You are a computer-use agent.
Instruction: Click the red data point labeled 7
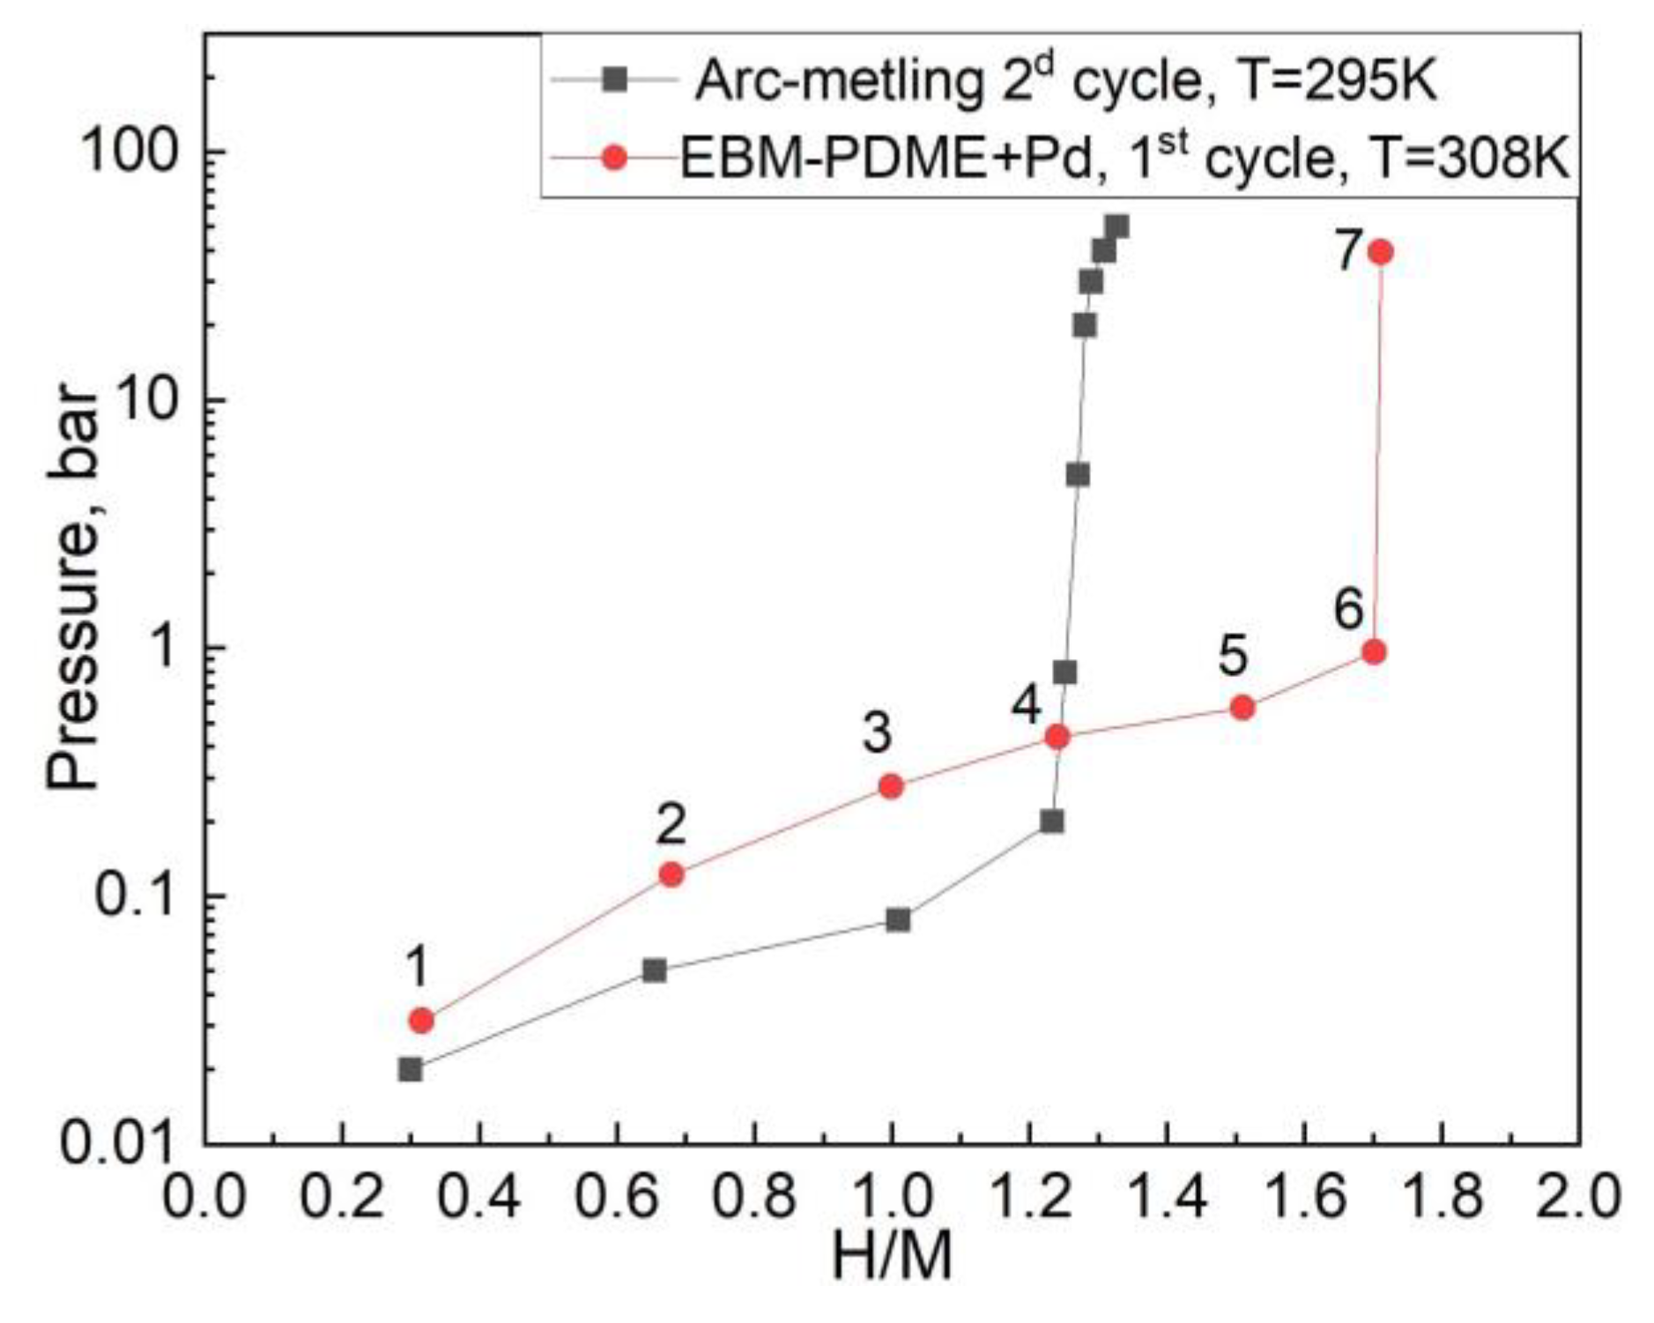pyautogui.click(x=1381, y=252)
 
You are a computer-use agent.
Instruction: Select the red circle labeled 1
pyautogui.click(x=421, y=1021)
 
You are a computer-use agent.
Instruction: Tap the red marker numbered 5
pyautogui.click(x=1242, y=707)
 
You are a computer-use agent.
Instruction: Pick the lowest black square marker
pyautogui.click(x=410, y=1069)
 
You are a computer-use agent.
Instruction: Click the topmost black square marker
pyautogui.click(x=1117, y=227)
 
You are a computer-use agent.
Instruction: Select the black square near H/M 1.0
pyautogui.click(x=898, y=919)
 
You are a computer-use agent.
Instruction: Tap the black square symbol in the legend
pyautogui.click(x=615, y=79)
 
